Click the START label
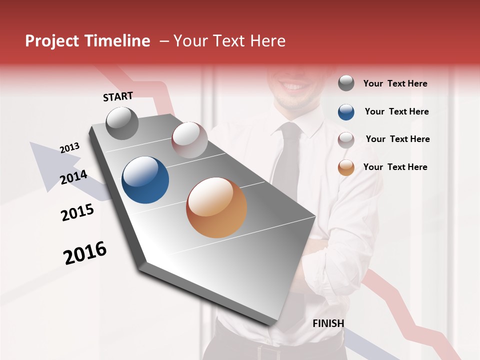[118, 96]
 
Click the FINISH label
[328, 323]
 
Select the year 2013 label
[70, 147]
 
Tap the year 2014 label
[74, 177]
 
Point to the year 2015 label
[77, 212]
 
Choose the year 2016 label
[85, 253]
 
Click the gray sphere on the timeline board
[122, 123]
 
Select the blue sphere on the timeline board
[145, 180]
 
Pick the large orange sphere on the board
[216, 207]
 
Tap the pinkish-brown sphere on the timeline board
[189, 140]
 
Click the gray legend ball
[346, 83]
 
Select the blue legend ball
[346, 112]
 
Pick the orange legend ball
[346, 167]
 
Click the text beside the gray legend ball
[395, 83]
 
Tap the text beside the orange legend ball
[395, 167]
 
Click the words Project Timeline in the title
[87, 41]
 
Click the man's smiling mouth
[294, 87]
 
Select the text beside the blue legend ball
[396, 111]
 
